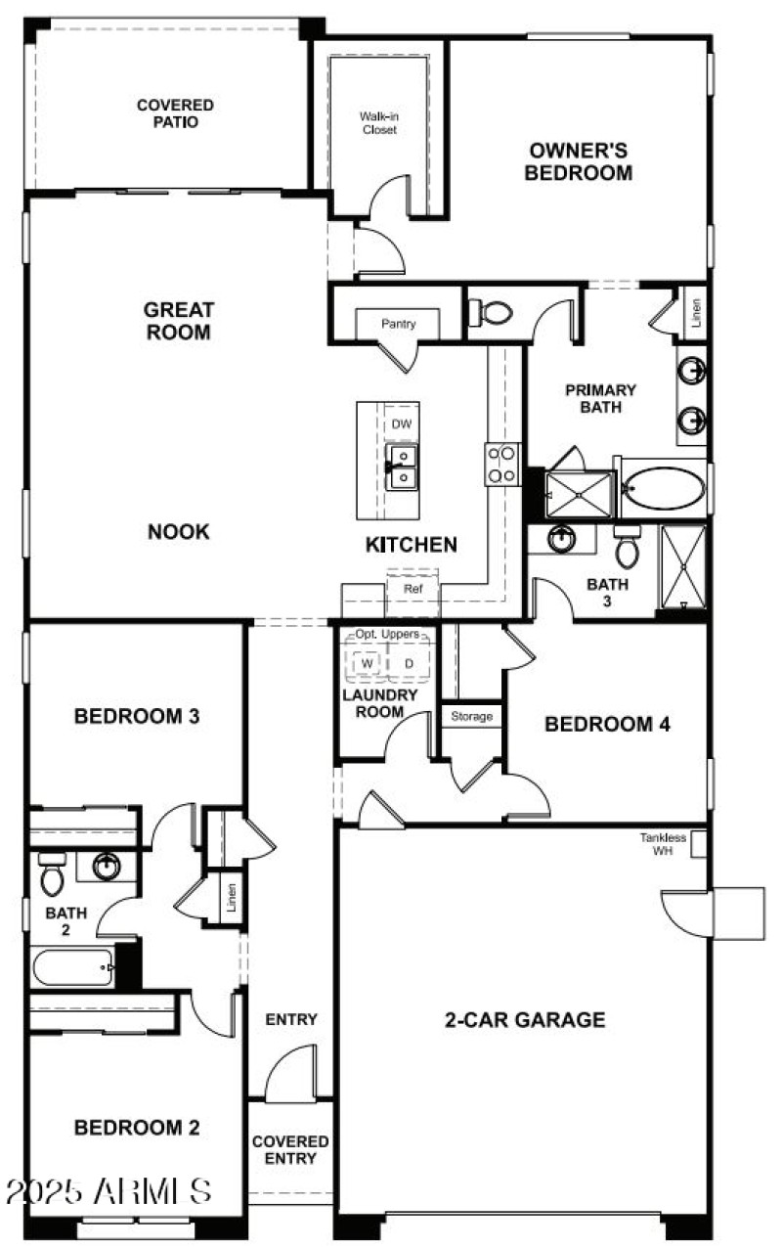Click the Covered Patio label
175,113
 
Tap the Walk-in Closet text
379,122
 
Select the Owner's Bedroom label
578,161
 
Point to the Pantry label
398,324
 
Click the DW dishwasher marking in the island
401,424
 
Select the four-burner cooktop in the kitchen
503,465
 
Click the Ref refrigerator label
413,590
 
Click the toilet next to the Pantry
493,313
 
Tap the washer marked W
367,663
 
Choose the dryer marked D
409,663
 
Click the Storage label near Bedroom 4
471,717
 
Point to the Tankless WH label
664,844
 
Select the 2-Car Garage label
525,1020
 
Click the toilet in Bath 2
51,874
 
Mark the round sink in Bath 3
563,538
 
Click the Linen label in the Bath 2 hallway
232,896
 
